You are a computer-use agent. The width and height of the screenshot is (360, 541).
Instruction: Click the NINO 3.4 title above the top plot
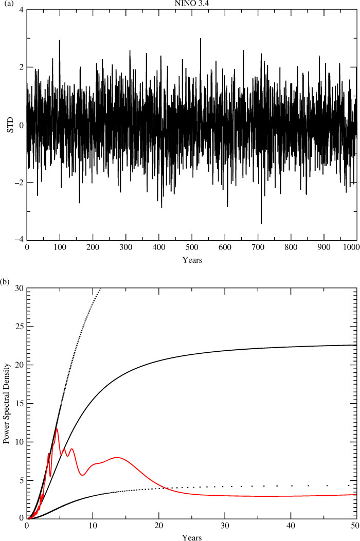[x=192, y=4]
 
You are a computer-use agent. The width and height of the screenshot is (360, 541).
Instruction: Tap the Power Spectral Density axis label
[x=6, y=403]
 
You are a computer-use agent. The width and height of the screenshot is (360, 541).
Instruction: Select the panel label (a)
[x=5, y=4]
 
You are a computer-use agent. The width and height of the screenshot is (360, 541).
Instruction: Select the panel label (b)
[x=5, y=282]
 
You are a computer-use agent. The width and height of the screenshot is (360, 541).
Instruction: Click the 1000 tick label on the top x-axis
[x=353, y=247]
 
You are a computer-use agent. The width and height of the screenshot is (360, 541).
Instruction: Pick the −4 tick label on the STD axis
[x=20, y=240]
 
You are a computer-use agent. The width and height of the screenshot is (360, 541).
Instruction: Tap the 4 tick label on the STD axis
[x=22, y=10]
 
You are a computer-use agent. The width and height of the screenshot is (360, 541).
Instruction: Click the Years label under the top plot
[x=192, y=260]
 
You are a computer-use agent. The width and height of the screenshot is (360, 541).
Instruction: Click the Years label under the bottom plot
[x=192, y=537]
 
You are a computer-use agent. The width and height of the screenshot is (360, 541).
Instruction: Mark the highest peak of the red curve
[x=56, y=429]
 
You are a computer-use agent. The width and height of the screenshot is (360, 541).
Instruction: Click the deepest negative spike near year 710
[x=261, y=223]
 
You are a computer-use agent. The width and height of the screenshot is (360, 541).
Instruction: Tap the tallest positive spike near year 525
[x=201, y=39]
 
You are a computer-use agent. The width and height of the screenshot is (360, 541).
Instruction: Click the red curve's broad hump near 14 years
[x=117, y=458]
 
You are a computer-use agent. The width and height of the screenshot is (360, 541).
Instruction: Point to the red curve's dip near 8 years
[x=82, y=475]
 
